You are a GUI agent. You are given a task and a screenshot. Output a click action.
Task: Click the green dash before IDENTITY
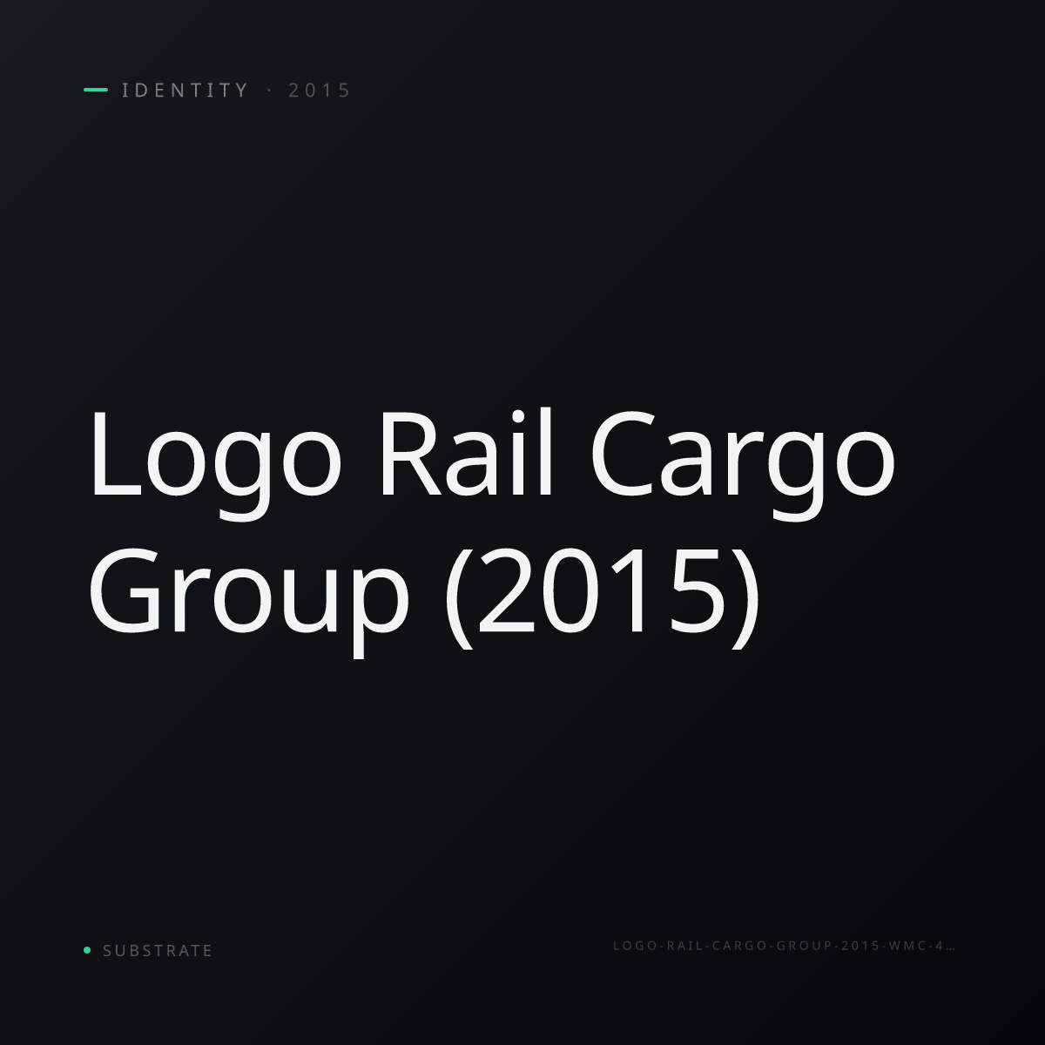96,90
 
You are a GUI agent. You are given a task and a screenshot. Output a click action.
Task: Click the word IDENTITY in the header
185,91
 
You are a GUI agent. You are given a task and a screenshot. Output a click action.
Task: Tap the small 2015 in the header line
320,91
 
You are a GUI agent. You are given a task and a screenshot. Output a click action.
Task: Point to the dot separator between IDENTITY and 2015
269,91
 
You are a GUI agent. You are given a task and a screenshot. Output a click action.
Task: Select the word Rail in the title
467,453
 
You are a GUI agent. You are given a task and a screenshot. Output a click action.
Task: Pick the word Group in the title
249,603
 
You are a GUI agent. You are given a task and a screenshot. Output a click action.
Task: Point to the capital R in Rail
411,454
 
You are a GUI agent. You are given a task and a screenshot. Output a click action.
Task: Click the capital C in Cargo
622,454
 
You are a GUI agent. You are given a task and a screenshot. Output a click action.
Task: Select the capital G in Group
125,590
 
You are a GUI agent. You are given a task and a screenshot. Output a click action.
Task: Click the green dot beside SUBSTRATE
87,949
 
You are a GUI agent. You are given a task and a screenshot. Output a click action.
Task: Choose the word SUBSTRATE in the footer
158,951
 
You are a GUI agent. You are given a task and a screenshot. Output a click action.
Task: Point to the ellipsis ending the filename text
950,949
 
